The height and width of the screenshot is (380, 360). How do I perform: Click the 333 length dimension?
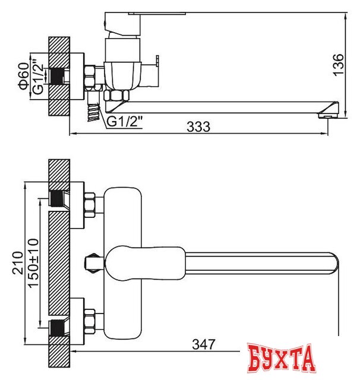tap(200, 126)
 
